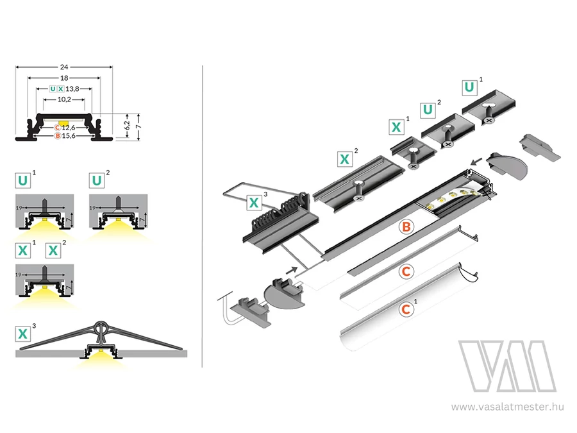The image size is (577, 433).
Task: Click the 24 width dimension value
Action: coord(63,66)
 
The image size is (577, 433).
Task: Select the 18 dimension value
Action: coord(63,78)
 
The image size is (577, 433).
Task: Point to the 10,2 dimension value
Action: coord(63,100)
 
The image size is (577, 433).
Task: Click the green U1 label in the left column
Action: coord(23,180)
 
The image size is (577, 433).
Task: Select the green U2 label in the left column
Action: coord(97,180)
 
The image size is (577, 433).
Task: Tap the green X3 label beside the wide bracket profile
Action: coord(23,334)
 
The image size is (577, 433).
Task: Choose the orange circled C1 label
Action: coord(405,309)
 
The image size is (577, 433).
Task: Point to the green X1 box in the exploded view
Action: coord(397,126)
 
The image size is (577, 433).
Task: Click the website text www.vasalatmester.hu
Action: coord(507,406)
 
